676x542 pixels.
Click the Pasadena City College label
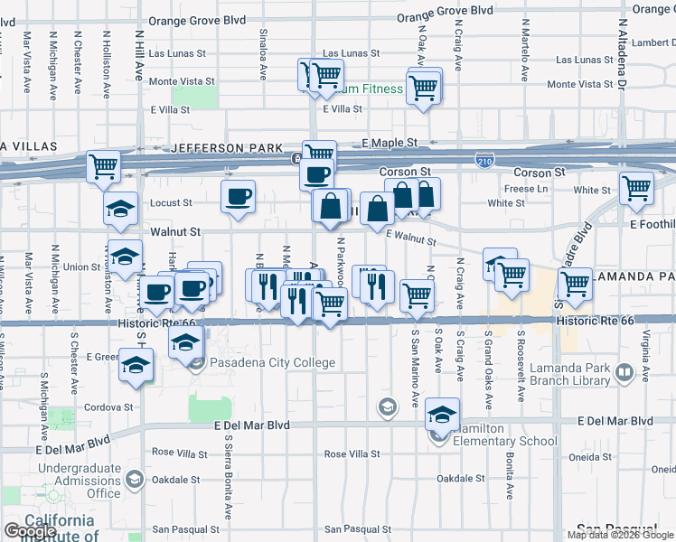(272, 363)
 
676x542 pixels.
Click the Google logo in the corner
(30, 532)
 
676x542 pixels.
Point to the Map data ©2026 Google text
(621, 535)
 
